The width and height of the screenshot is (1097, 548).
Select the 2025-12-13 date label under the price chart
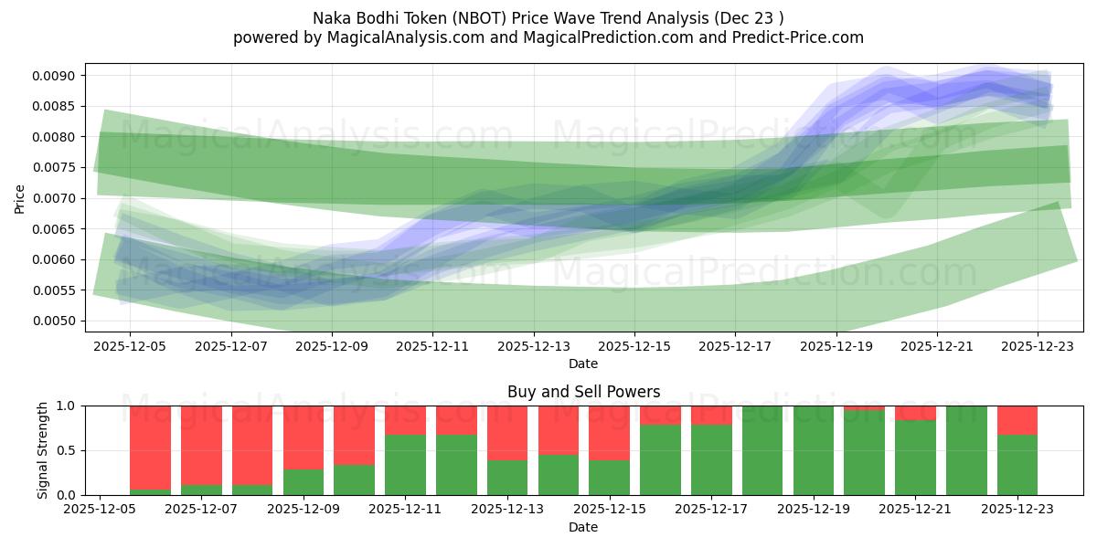534,346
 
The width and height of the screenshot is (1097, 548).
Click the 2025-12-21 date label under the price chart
937,346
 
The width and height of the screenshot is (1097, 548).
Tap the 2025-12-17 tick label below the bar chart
711,510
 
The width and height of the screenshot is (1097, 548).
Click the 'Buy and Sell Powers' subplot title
583,392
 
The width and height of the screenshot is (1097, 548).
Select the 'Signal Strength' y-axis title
43,450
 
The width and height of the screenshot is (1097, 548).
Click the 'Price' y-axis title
20,197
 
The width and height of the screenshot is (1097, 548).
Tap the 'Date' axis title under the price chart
583,364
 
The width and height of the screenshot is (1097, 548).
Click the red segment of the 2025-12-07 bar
201,443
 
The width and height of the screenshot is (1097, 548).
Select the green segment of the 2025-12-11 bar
405,466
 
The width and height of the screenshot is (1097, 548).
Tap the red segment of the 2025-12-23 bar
1017,420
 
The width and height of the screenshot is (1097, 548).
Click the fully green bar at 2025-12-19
814,450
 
